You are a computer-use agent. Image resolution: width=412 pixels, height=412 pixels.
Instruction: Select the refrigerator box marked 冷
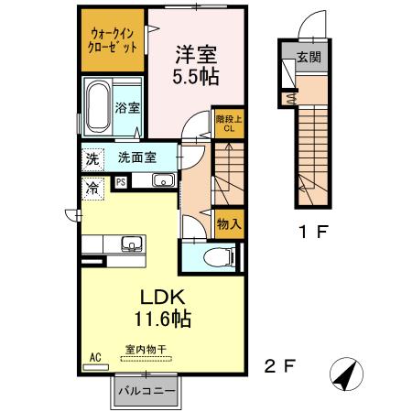click(x=92, y=188)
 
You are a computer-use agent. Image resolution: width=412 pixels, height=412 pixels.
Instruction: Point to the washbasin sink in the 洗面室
click(x=164, y=179)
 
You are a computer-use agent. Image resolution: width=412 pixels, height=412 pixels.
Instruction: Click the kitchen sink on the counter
click(x=131, y=244)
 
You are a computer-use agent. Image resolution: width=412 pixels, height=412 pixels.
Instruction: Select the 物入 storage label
click(x=229, y=223)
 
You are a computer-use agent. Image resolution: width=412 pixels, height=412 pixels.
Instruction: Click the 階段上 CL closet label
click(x=230, y=123)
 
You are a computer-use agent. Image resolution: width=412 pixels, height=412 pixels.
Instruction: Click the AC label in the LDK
click(x=93, y=358)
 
